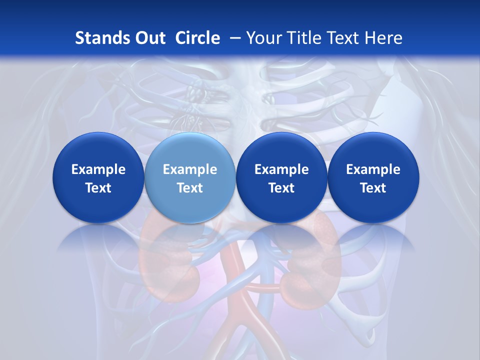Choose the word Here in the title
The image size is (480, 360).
(x=384, y=38)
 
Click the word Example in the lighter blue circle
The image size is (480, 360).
(x=190, y=169)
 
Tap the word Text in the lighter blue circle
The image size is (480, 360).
(x=190, y=188)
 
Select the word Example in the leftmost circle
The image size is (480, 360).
(x=98, y=169)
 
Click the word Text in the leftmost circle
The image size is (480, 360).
(x=98, y=188)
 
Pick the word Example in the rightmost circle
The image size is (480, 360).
(x=373, y=169)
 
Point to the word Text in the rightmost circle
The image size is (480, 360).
(x=373, y=188)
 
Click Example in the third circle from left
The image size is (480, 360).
(x=281, y=169)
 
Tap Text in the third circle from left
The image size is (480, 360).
(x=281, y=188)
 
